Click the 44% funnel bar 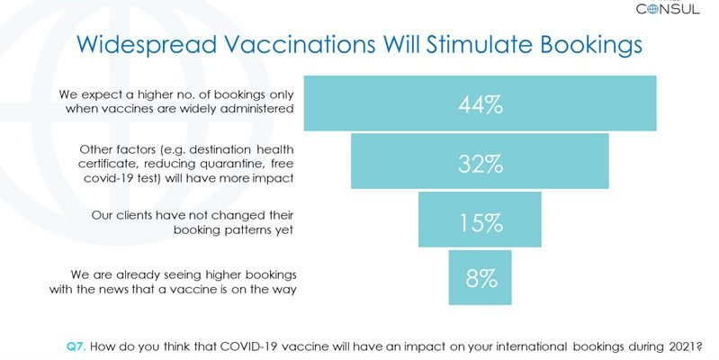tap(481, 103)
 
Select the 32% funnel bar tap(481, 161)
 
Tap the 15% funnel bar tap(480, 220)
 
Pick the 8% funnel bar tap(481, 277)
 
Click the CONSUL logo tap(668, 8)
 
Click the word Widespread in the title tap(147, 45)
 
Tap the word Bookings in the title tap(591, 45)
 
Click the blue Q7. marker tap(76, 346)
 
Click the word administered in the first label tap(259, 109)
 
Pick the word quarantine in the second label tap(233, 164)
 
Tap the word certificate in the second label tap(103, 164)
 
